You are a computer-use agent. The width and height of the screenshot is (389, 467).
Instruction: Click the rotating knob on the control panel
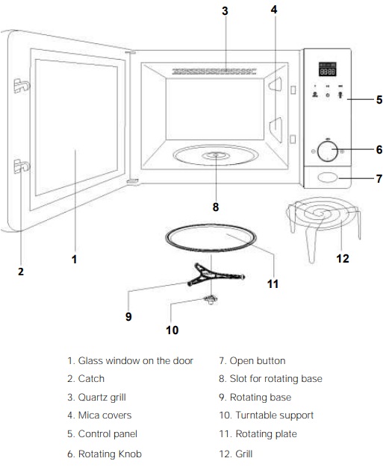[327, 151]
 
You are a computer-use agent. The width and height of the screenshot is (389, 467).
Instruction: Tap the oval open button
[327, 178]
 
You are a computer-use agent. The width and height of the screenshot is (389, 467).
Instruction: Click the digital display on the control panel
[327, 69]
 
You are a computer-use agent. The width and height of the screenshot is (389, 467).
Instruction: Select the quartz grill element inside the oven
[214, 72]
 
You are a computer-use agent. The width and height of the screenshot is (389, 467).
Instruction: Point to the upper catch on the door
[22, 86]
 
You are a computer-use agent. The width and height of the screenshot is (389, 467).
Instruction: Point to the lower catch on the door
[22, 166]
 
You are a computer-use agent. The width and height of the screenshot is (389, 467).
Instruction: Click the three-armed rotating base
[215, 275]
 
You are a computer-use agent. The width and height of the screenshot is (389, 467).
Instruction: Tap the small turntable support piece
[211, 299]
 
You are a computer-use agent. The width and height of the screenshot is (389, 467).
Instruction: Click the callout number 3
[225, 11]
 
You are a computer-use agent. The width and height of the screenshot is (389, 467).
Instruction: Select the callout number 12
[343, 259]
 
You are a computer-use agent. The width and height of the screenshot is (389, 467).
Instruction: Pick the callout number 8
[216, 207]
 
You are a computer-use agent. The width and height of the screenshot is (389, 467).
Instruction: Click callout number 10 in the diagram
[172, 330]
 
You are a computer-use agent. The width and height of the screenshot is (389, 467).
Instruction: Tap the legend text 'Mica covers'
[105, 416]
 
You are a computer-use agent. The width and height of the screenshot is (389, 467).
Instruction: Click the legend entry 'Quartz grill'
[102, 398]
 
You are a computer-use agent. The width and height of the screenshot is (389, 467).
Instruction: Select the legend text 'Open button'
[258, 361]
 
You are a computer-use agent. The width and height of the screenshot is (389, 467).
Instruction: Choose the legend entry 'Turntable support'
[275, 416]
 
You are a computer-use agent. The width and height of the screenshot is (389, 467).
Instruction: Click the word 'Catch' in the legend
[91, 378]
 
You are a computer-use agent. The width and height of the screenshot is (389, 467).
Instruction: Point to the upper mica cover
[276, 84]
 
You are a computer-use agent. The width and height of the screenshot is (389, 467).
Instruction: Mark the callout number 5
[379, 100]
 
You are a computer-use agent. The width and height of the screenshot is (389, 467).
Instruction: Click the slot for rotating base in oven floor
[216, 155]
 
